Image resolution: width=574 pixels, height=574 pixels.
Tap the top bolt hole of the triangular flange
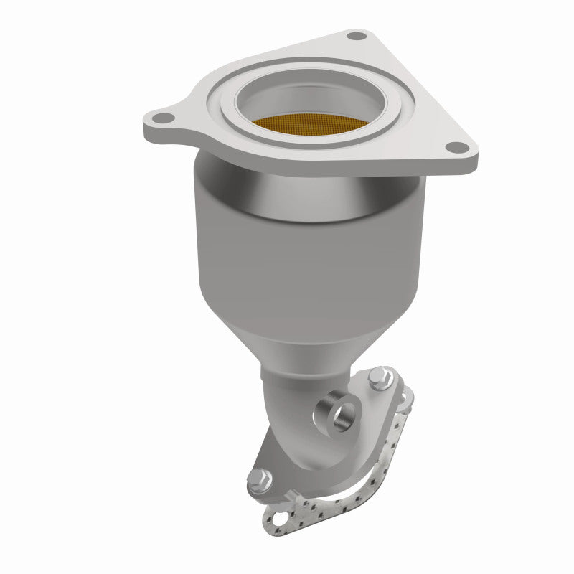pos(352,35)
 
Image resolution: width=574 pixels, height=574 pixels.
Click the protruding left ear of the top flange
pos(161,122)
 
